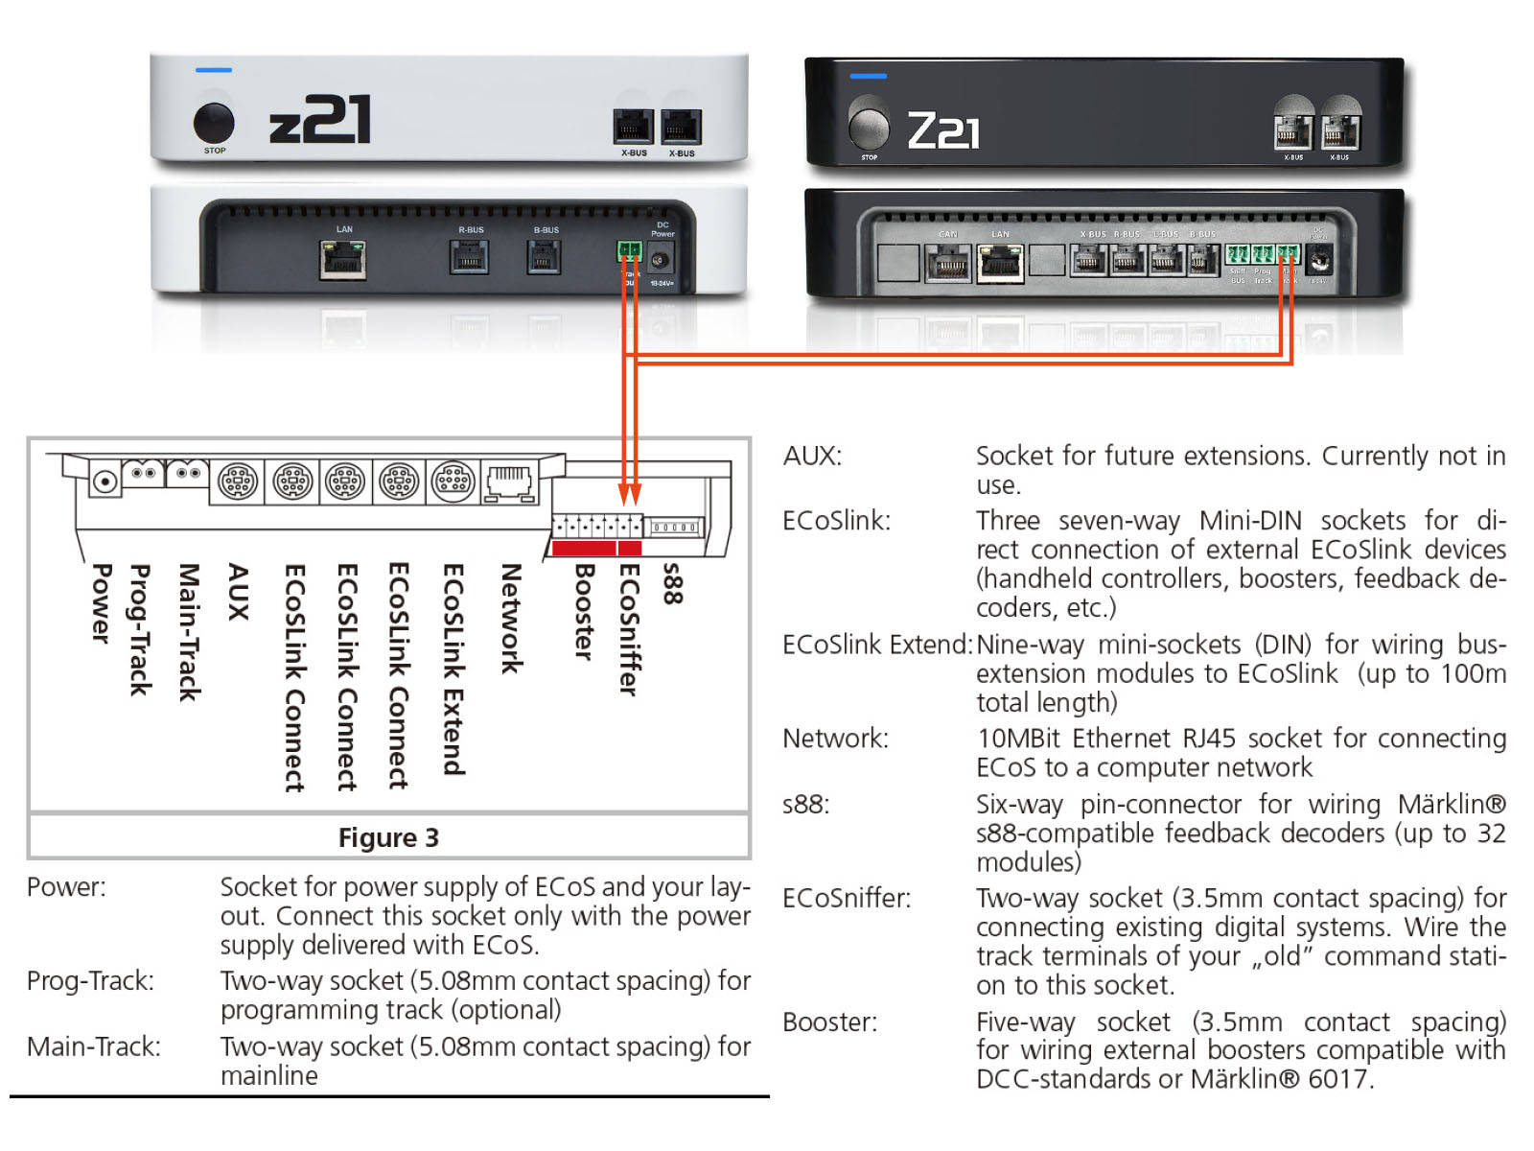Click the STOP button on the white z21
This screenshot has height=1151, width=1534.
(x=214, y=123)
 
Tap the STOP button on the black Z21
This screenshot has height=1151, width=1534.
(x=869, y=126)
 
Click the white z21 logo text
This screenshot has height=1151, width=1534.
(x=319, y=121)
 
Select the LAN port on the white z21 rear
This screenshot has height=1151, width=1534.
(x=342, y=258)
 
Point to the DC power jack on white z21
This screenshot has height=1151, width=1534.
(x=660, y=259)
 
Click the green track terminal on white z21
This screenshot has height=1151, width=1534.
(x=629, y=250)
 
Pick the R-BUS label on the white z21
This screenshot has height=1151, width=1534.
(x=471, y=230)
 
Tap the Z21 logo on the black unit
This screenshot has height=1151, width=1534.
(x=943, y=130)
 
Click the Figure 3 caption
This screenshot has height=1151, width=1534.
(x=388, y=837)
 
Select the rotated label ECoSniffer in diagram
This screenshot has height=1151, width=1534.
(x=628, y=629)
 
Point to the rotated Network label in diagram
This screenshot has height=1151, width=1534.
(x=511, y=619)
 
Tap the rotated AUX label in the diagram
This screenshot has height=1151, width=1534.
(x=238, y=592)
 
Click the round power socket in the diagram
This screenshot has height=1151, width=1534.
(x=105, y=481)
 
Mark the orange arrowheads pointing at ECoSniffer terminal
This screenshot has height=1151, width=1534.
(x=629, y=494)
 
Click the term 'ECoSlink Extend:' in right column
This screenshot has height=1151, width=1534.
(x=876, y=645)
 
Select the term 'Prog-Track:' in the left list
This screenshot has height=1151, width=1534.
(x=90, y=980)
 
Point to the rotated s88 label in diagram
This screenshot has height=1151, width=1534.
(x=673, y=584)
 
